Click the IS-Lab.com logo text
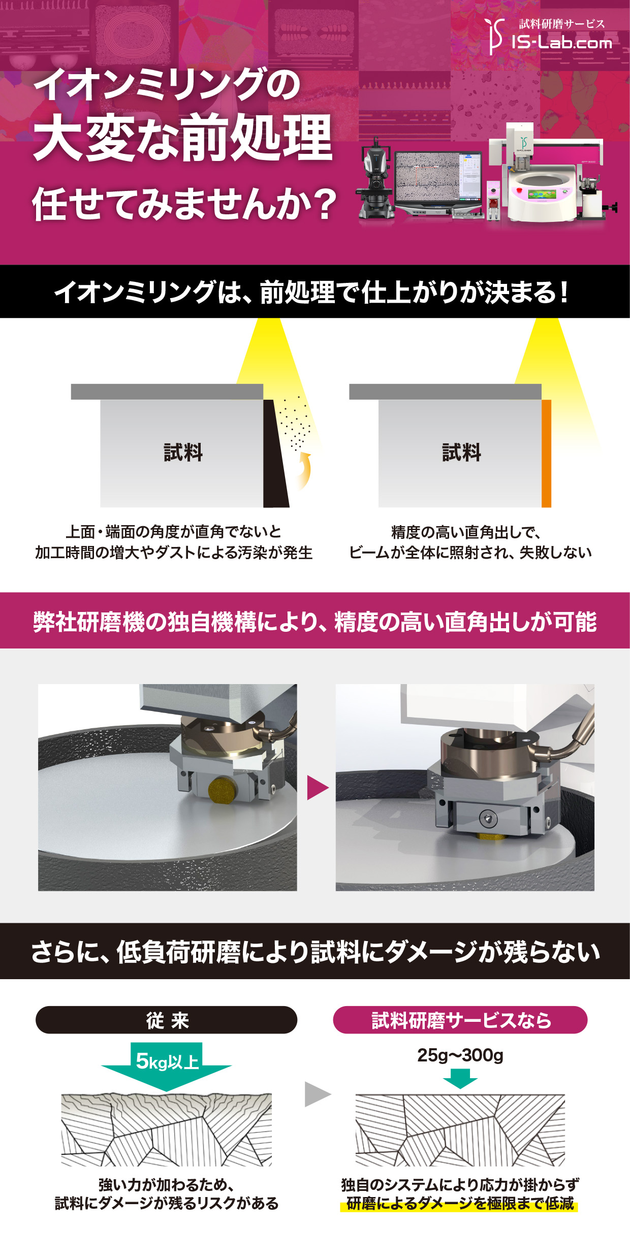[561, 42]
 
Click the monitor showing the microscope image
[438, 183]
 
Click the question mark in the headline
[322, 204]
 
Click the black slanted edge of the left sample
[276, 454]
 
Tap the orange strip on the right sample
[546, 454]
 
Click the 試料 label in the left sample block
[183, 452]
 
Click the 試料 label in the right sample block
[461, 452]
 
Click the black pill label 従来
[167, 1020]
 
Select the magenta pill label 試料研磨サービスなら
[460, 1020]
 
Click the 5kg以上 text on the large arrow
[167, 1061]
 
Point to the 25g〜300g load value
[460, 1055]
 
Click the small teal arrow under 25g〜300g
[460, 1078]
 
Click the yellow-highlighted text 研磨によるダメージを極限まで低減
[460, 1203]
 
